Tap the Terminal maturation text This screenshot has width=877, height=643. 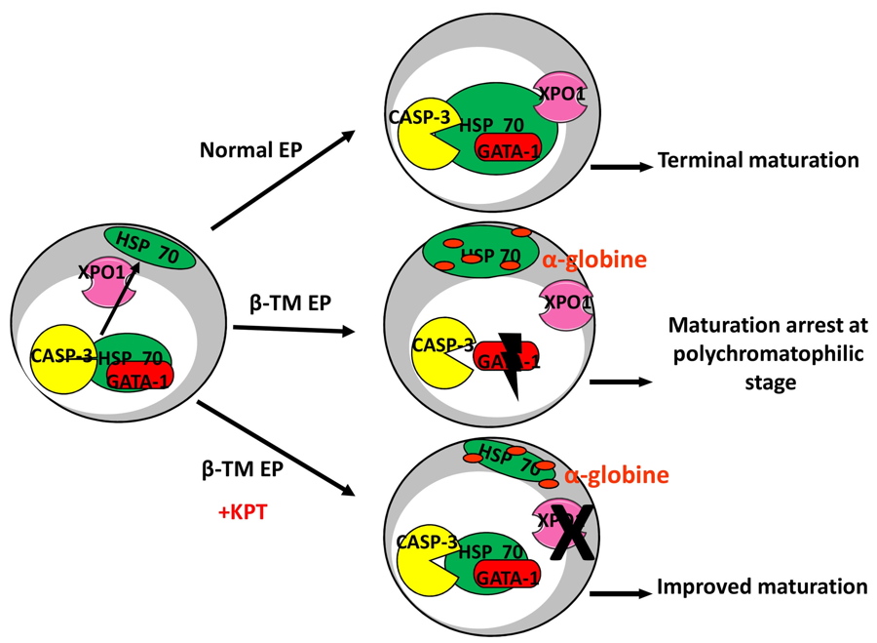(758, 160)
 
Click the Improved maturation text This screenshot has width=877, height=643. (762, 586)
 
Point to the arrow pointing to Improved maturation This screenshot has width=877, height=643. (619, 592)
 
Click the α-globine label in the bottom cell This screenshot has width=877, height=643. (617, 475)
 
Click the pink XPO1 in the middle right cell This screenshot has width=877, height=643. (566, 302)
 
